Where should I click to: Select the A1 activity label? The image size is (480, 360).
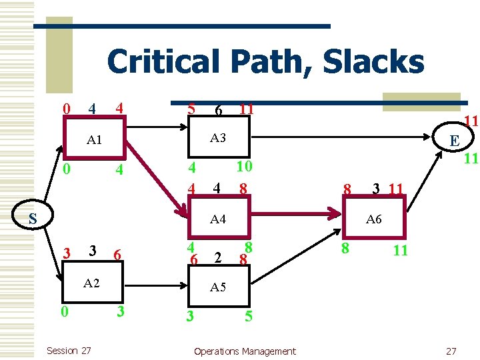[x=94, y=140]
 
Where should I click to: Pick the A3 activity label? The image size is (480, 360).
[x=218, y=138]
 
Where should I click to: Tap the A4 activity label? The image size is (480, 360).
[x=218, y=218]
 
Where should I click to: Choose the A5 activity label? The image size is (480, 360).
[x=218, y=287]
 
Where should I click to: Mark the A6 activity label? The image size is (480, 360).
[x=374, y=219]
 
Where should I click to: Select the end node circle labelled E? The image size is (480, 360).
[x=454, y=141]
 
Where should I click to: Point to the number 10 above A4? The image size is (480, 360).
[x=244, y=165]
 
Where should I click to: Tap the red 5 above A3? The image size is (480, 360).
[x=191, y=107]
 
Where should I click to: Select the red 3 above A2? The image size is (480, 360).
[x=66, y=253]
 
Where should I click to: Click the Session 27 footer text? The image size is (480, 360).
[x=69, y=351]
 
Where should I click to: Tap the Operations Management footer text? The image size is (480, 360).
[x=244, y=351]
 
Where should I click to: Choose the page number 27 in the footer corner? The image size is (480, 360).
[x=451, y=351]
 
